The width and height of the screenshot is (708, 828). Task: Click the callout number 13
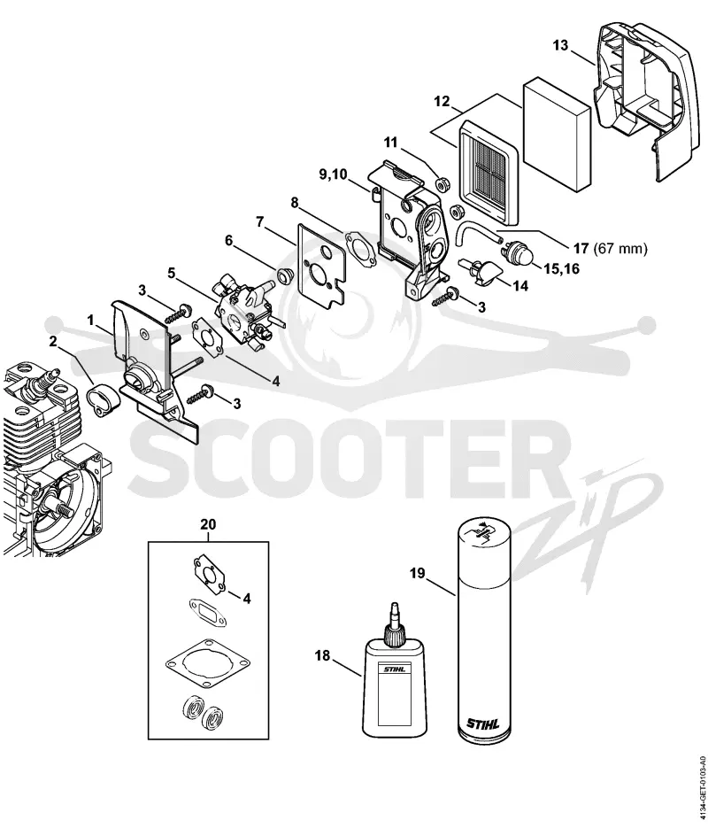(561, 45)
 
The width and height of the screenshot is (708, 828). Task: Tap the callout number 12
(442, 101)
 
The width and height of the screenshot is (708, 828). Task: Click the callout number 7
(259, 221)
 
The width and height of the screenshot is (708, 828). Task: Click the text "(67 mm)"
(620, 248)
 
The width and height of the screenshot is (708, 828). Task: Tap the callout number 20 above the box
(208, 525)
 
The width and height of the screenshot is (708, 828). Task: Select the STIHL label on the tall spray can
(482, 723)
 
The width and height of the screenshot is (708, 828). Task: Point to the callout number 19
(418, 574)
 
